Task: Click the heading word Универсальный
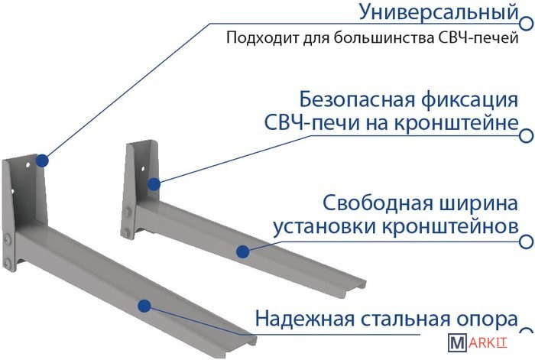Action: click(439, 12)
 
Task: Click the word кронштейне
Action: click(456, 122)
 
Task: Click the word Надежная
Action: click(305, 319)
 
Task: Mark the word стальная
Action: click(404, 319)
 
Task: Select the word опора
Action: click(487, 319)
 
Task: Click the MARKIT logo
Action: click(478, 342)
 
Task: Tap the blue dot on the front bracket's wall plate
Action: click(42, 161)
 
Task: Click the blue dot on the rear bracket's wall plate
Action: click(154, 184)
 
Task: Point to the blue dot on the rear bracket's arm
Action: click(242, 251)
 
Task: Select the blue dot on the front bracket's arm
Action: click(144, 306)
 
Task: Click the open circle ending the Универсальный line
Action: click(527, 23)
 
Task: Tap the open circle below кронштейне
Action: click(527, 135)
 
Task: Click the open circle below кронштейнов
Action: click(527, 242)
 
